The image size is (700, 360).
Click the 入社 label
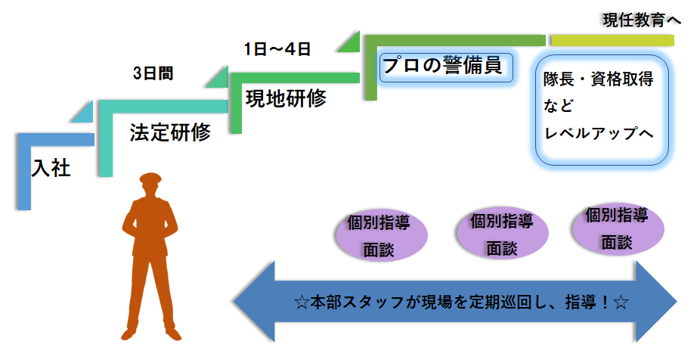pos(51,168)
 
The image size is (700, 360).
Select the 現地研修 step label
pos(286,98)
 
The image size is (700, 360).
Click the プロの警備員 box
pos(441,66)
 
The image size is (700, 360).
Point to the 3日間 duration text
pos(152,73)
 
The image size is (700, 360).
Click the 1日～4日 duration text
pos(277,49)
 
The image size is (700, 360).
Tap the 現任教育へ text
pos(642,19)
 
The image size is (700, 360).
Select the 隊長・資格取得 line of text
pos(598,79)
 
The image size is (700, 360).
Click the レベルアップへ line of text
pos(598,132)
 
